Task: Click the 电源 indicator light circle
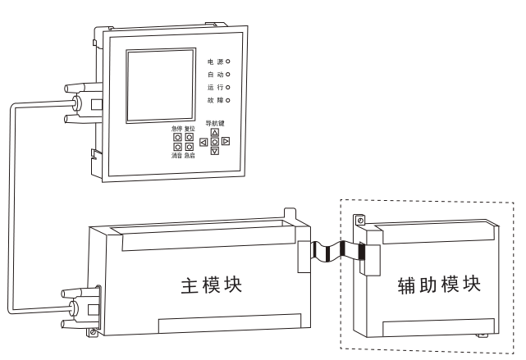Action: pos(226,61)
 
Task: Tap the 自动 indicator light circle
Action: pos(226,74)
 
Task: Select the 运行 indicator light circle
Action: pos(226,87)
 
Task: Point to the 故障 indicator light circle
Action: pos(226,100)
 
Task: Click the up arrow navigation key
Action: pos(215,131)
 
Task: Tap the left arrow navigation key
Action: pos(204,142)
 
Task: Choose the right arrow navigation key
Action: pos(226,142)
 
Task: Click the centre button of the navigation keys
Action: pos(215,142)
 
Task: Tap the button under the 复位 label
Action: pos(190,137)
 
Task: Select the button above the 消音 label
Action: pos(177,148)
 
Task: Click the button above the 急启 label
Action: pos(190,148)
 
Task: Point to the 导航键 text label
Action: pos(215,122)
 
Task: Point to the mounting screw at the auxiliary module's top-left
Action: pos(359,221)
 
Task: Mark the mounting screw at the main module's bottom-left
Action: pos(94,332)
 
